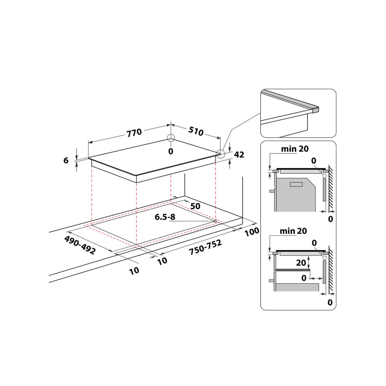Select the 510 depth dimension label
[x=196, y=131]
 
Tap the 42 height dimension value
[x=239, y=155]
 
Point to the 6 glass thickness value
[x=66, y=160]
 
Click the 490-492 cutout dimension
[x=80, y=245]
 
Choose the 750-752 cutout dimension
[x=205, y=247]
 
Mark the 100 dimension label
[x=252, y=232]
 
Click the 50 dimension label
[x=195, y=206]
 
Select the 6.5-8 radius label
[x=165, y=217]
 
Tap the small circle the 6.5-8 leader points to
[x=215, y=221]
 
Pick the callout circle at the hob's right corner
[x=221, y=154]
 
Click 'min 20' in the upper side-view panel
[x=294, y=149]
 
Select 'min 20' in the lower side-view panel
[x=293, y=231]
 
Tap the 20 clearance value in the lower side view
[x=301, y=263]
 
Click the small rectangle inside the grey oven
[x=296, y=184]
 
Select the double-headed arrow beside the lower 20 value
[x=309, y=262]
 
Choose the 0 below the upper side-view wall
[x=330, y=219]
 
